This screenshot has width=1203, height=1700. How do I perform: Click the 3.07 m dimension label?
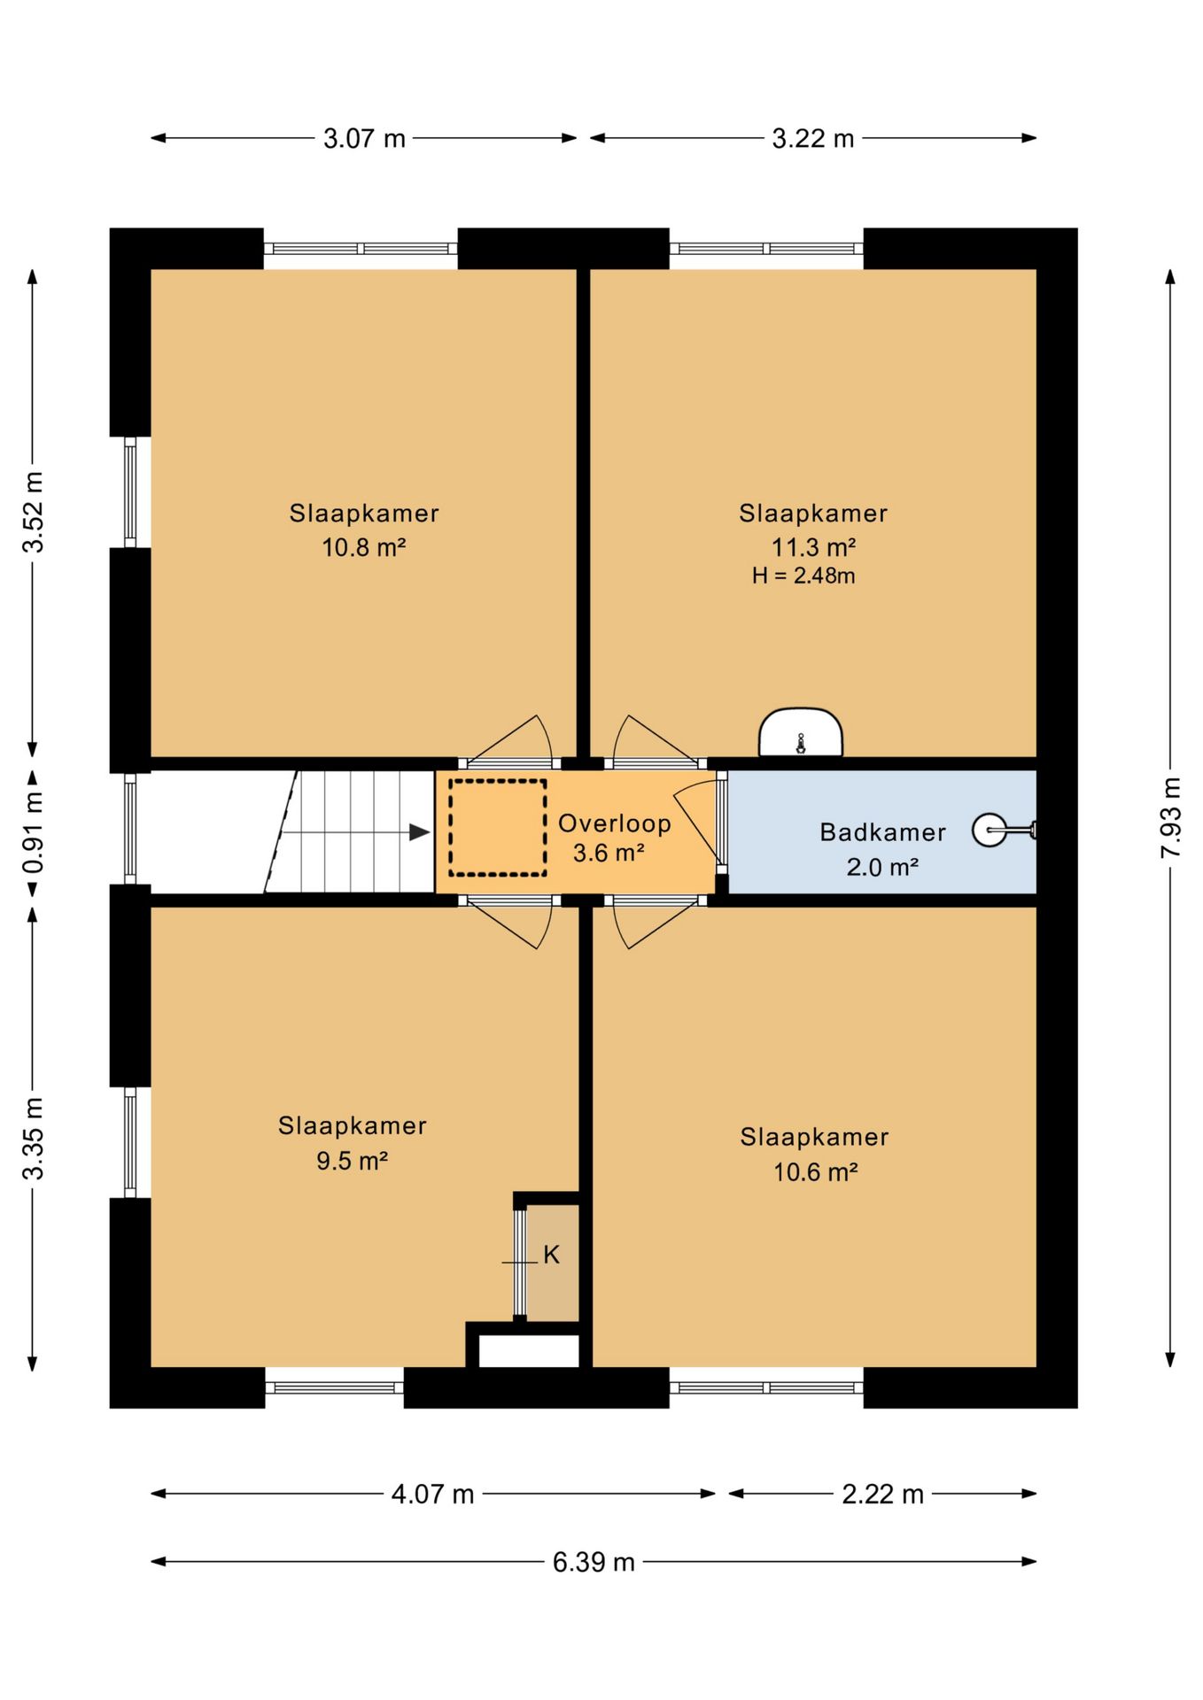tap(364, 138)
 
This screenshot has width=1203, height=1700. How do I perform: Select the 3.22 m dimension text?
tap(813, 138)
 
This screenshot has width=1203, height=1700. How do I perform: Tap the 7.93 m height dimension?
tap(1171, 817)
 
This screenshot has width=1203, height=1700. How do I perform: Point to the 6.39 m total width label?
tap(594, 1562)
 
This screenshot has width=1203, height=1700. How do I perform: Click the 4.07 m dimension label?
tap(433, 1494)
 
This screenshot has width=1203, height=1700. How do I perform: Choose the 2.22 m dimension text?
tap(882, 1494)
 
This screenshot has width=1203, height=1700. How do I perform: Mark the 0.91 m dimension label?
tap(33, 831)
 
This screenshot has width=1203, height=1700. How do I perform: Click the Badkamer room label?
tap(882, 832)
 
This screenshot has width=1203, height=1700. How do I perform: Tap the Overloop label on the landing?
tap(614, 823)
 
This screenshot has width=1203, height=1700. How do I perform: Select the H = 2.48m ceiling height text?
tap(803, 576)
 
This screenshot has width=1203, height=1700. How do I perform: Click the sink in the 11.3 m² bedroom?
tap(801, 732)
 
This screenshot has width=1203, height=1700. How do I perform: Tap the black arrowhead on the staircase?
tap(419, 832)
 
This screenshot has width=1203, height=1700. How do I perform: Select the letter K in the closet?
tap(551, 1255)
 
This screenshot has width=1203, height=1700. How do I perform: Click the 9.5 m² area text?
tap(353, 1161)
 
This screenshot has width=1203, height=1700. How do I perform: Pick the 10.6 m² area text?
tap(815, 1172)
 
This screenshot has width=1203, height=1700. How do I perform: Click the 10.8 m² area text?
tap(363, 547)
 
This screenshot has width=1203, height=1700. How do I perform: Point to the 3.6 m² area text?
tap(609, 854)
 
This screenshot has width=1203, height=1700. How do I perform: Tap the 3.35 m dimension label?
tap(33, 1139)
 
